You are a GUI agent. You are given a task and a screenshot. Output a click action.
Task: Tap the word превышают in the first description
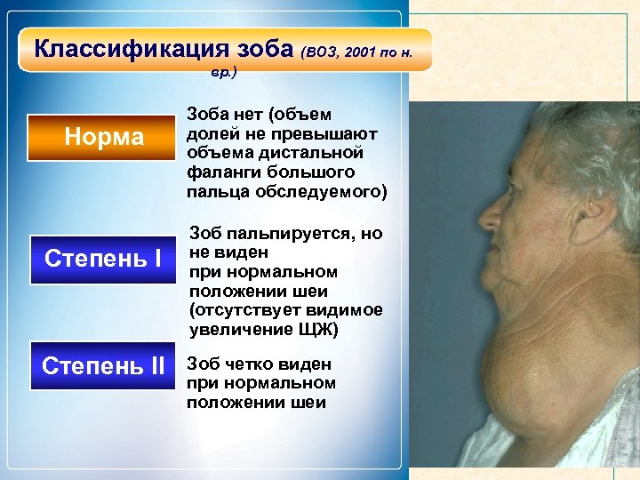pos(334,133)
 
